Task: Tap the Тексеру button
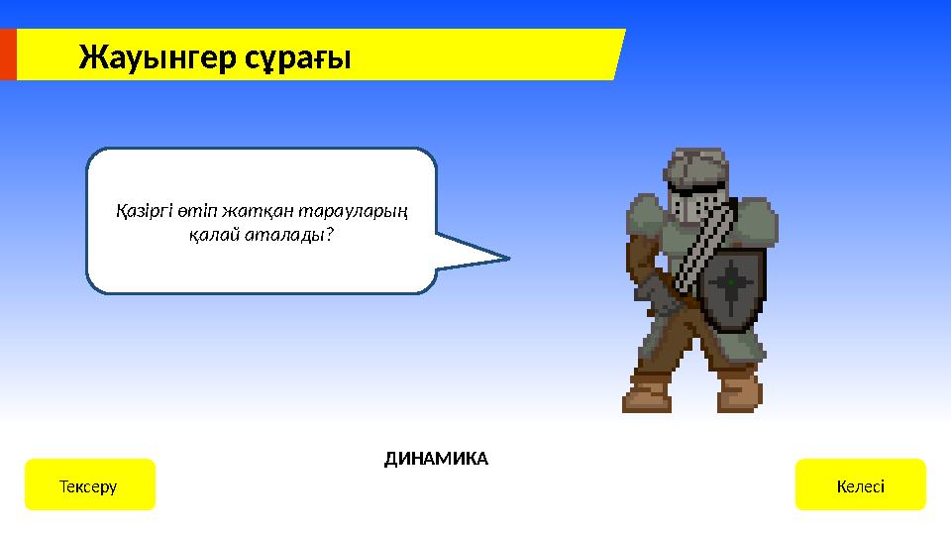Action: pos(89,485)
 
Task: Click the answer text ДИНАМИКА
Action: pos(436,459)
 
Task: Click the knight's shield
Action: pos(731,285)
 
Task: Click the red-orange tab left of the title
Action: pos(8,54)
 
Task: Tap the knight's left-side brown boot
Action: pos(650,392)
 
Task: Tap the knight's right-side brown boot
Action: pos(738,392)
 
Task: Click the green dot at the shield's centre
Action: pos(731,283)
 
